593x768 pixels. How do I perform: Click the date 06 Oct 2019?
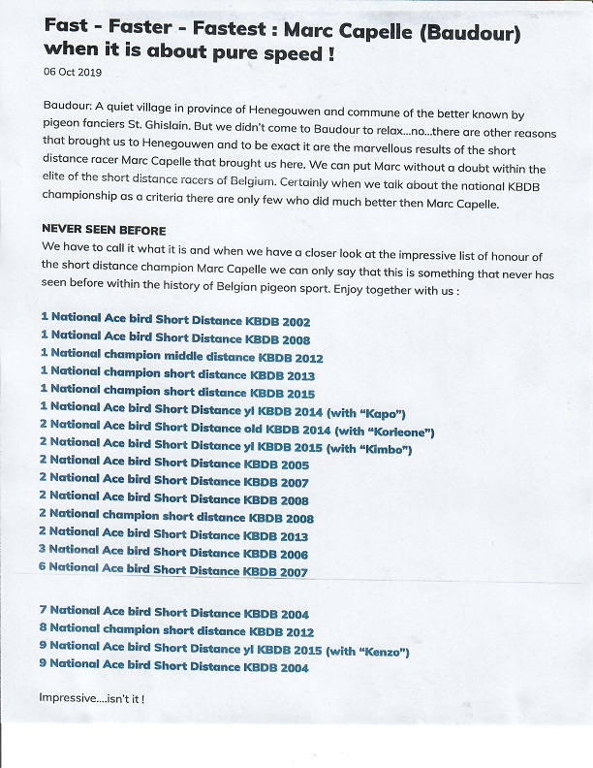[x=73, y=72]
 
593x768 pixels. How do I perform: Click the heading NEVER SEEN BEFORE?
[x=104, y=230]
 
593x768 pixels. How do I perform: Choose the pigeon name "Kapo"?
[x=375, y=411]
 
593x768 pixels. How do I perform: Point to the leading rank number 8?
[x=43, y=630]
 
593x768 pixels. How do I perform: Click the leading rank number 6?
[x=43, y=568]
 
